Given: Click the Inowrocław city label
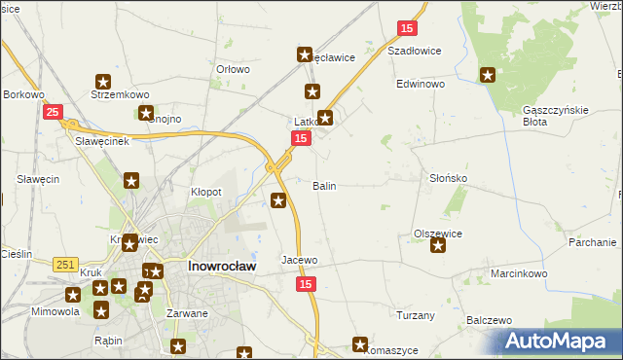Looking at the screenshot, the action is pos(222,266).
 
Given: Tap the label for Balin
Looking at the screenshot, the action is pos(324,185).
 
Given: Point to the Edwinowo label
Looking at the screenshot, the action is pos(421,85).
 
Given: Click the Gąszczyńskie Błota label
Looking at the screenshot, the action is pos(556,116).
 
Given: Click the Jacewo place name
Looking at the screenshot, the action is pos(300,261).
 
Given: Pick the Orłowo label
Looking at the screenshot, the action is pos(234,69).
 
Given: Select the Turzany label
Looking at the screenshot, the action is pos(416,315).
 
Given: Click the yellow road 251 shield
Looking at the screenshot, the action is pos(65,265).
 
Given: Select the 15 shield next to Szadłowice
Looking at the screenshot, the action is pos(407,28).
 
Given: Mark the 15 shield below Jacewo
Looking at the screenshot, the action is pos(307,283).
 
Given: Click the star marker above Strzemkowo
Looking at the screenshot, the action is pos(103,83).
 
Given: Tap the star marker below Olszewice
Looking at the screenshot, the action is pos(438,246).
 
